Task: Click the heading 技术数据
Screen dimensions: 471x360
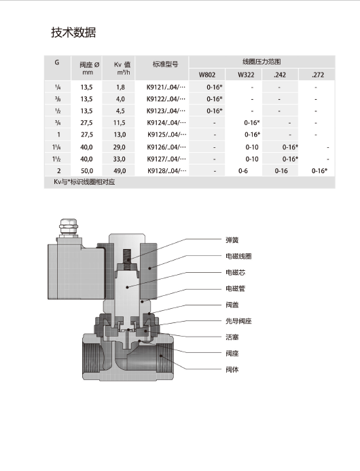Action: tap(73, 33)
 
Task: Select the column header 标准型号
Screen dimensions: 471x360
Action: tap(166, 65)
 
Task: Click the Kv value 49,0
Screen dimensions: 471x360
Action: tap(120, 170)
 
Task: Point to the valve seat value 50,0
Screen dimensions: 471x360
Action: tap(87, 170)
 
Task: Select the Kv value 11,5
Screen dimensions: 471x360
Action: tap(120, 123)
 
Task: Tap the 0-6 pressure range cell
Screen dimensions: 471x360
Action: tap(243, 170)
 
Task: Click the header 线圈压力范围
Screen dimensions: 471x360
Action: tap(262, 60)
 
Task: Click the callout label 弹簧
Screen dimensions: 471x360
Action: tap(232, 240)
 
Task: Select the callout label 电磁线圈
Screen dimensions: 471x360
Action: tap(238, 256)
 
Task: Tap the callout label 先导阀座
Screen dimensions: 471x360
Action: tap(238, 321)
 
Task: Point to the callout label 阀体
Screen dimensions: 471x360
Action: tap(232, 369)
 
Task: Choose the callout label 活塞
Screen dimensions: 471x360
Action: tap(232, 337)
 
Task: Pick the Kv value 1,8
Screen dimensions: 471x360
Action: tap(120, 87)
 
